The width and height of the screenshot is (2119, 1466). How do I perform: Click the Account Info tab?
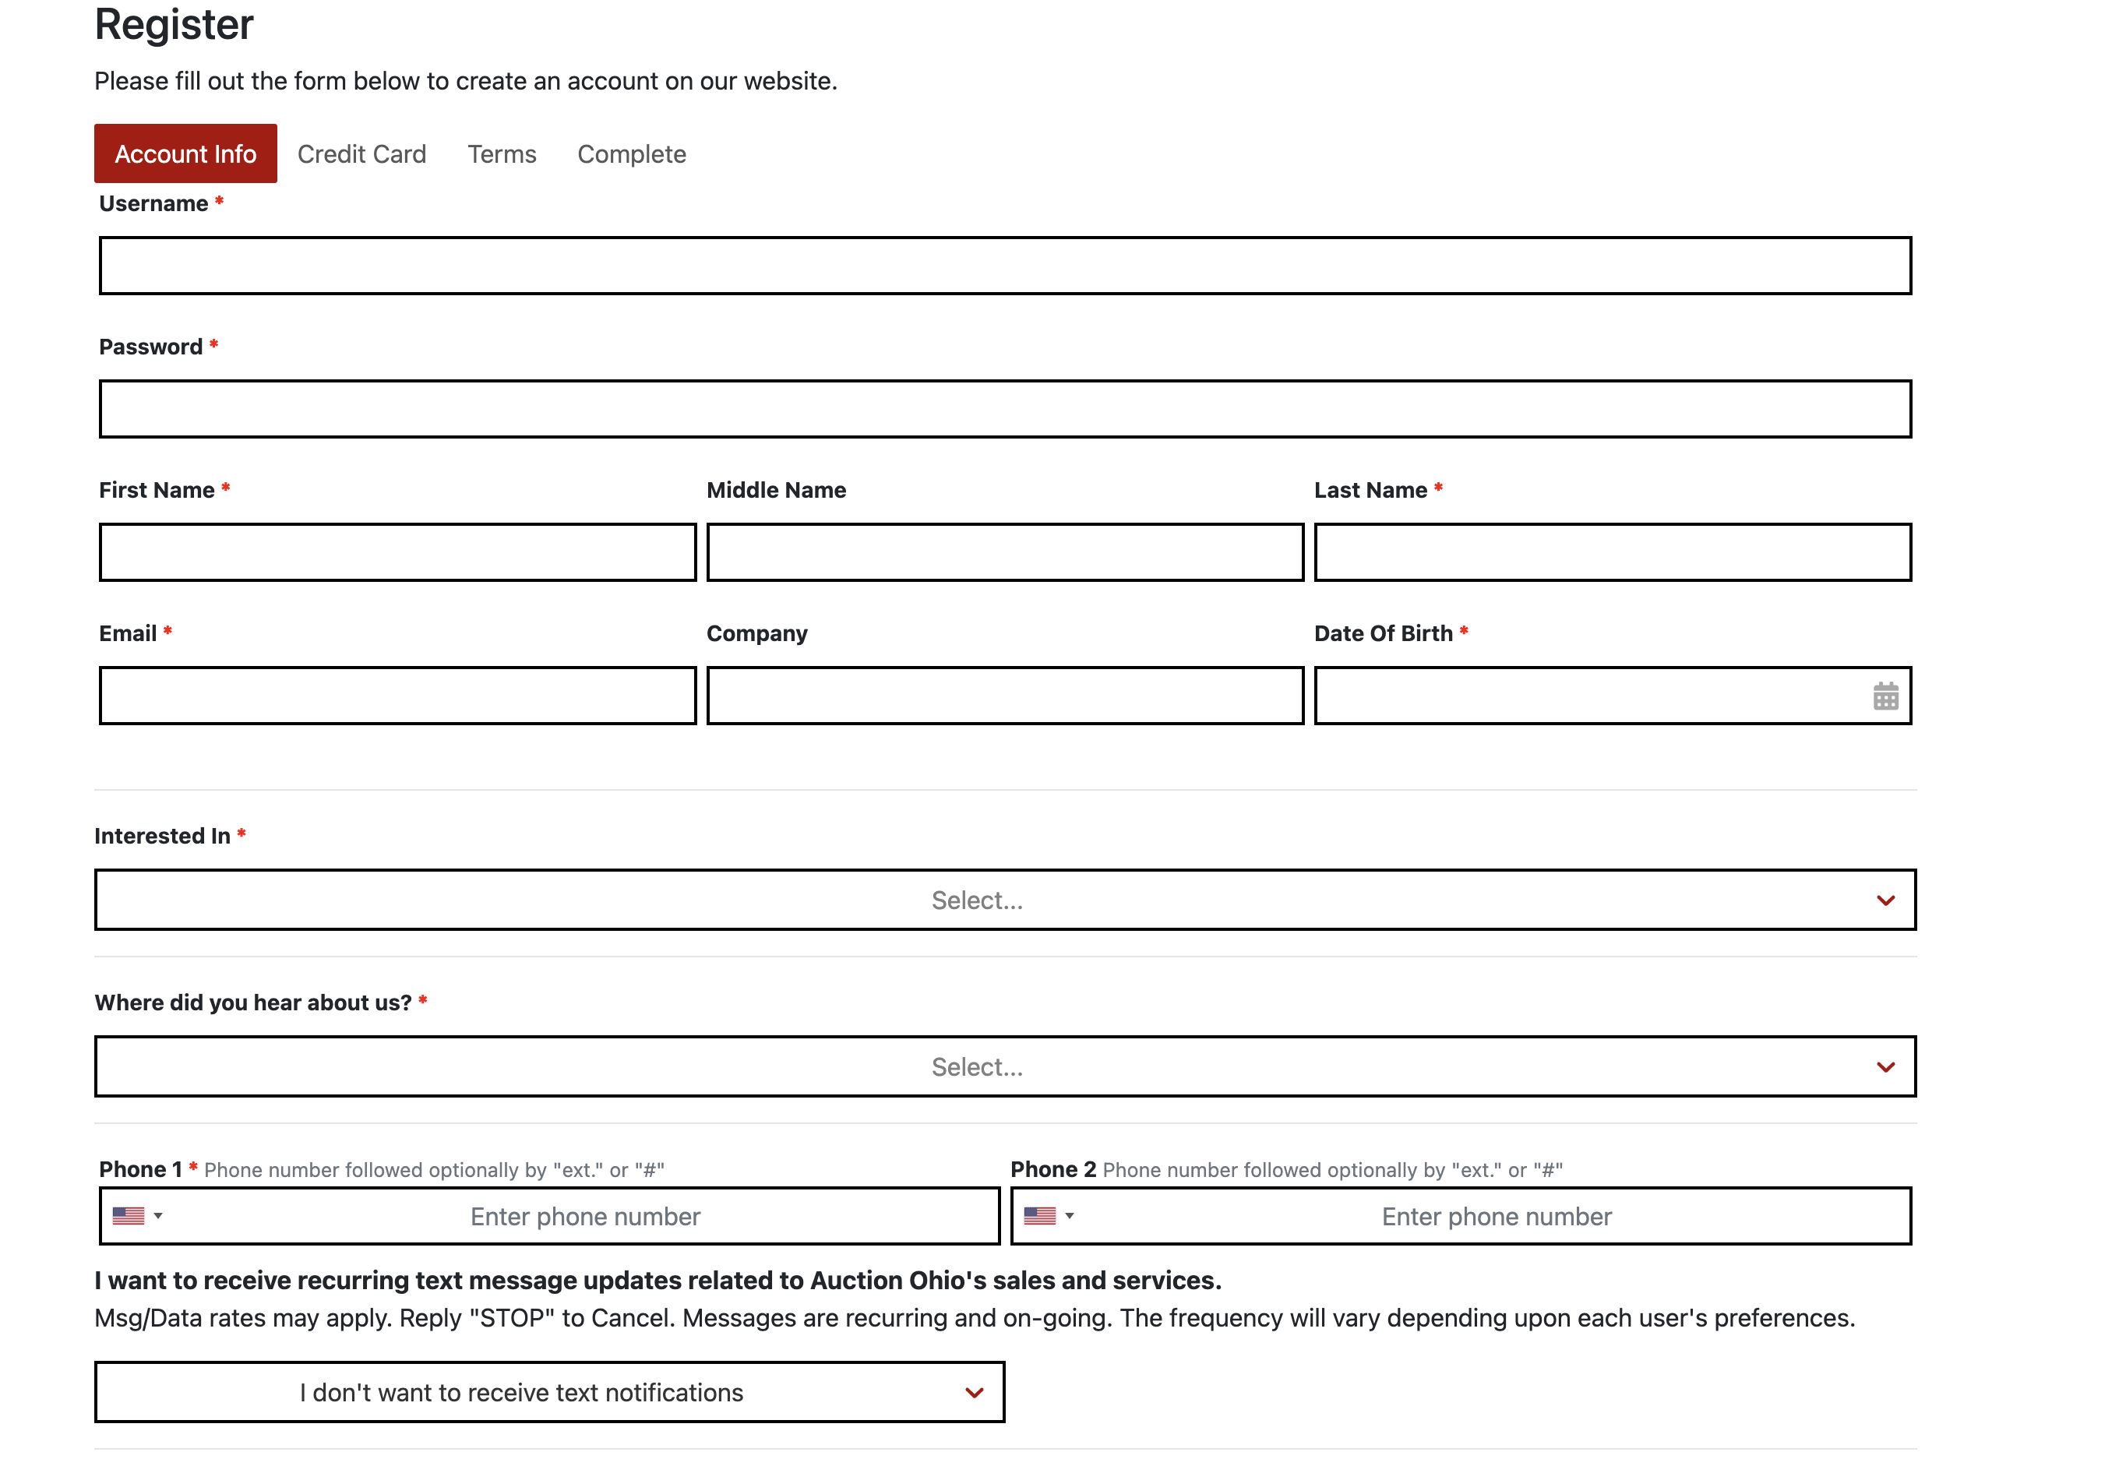[185, 153]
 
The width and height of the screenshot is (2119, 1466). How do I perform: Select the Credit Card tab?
[362, 154]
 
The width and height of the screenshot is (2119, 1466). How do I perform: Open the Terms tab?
[502, 154]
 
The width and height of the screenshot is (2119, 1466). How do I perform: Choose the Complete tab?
[631, 154]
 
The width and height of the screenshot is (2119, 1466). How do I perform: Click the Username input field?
[1005, 266]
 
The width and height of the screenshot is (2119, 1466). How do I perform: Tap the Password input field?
[1005, 409]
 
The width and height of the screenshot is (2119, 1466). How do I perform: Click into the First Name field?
[398, 552]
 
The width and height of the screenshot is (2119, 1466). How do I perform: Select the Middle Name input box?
[1005, 552]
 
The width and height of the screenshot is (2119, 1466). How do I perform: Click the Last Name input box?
[1612, 552]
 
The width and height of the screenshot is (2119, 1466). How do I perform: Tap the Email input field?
[398, 696]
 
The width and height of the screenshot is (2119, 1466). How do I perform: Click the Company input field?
[1005, 696]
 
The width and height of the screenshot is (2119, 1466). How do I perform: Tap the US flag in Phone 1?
[129, 1215]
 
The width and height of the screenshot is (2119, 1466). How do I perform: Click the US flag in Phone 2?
[1040, 1215]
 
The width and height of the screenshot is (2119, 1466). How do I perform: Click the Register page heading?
[174, 24]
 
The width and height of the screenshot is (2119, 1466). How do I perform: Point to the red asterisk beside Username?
[220, 201]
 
